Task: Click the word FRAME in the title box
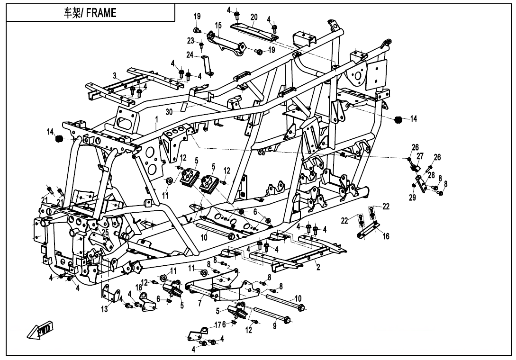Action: click(x=101, y=13)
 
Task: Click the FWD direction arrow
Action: click(x=39, y=330)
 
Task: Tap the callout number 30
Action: click(x=169, y=112)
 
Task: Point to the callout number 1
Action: click(x=157, y=119)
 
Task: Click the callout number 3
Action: click(x=115, y=76)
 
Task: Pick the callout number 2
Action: click(x=318, y=267)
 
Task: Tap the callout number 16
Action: click(x=386, y=236)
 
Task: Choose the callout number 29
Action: click(x=412, y=198)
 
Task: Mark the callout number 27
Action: click(x=420, y=156)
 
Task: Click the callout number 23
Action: click(x=190, y=41)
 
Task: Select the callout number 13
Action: click(x=104, y=309)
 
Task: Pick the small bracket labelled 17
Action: click(x=197, y=333)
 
